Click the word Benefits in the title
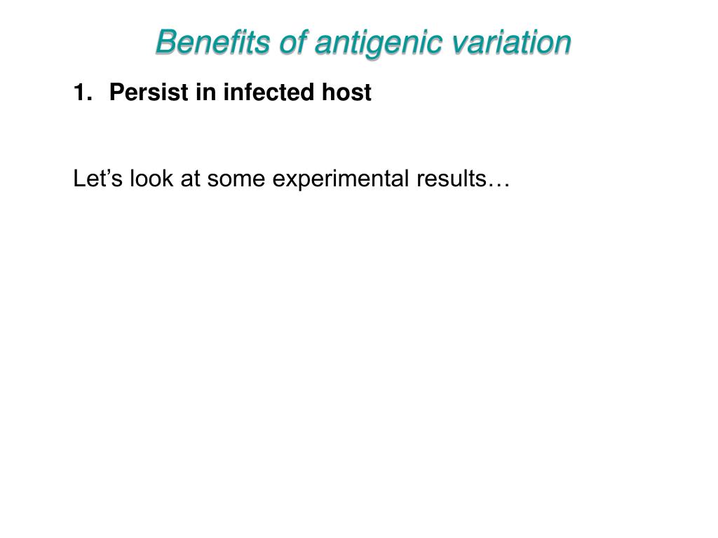214,42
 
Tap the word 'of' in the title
294,42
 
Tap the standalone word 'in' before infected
205,92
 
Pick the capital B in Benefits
164,42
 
